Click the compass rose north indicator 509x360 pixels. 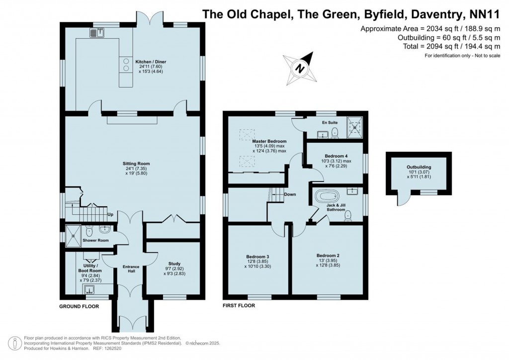pos(300,67)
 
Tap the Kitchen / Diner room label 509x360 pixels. pos(151,62)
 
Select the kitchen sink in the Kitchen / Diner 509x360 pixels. pos(96,33)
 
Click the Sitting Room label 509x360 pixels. pos(136,164)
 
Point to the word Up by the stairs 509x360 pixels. pos(111,215)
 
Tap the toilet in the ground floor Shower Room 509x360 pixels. pos(89,231)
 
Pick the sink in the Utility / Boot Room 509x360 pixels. pos(89,290)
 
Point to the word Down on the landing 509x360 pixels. pos(290,194)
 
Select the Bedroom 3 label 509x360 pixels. pos(258,256)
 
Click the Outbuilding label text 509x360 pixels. pos(419,167)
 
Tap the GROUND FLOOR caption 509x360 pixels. pos(79,306)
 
